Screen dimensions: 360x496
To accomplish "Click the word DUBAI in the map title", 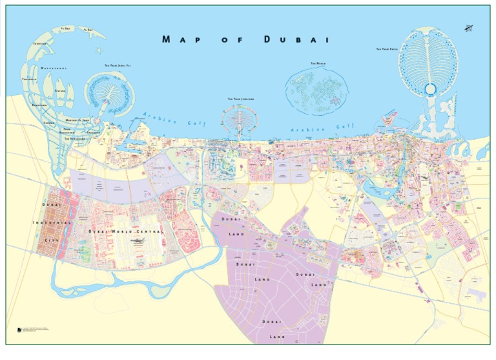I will tap(296, 40).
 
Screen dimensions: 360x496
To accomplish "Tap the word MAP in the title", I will tap(180, 40).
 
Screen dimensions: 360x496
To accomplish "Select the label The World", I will tap(318, 63).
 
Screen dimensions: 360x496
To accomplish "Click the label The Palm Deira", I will tap(387, 49).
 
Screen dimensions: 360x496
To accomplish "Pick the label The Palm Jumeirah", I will tap(240, 99).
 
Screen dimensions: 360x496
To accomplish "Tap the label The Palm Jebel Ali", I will tap(118, 65).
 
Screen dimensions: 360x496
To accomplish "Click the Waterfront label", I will tap(54, 68).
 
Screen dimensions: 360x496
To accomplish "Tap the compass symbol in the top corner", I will tap(468, 27).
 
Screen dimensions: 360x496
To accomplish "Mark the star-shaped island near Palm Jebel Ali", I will tap(99, 49).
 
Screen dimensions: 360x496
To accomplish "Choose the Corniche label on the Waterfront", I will tap(43, 44).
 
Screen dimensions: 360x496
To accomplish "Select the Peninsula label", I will tap(30, 79).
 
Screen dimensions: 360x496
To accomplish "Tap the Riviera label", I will tap(60, 91).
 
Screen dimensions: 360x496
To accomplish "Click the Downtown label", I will tap(39, 105).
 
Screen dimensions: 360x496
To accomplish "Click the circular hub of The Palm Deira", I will tap(430, 89).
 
